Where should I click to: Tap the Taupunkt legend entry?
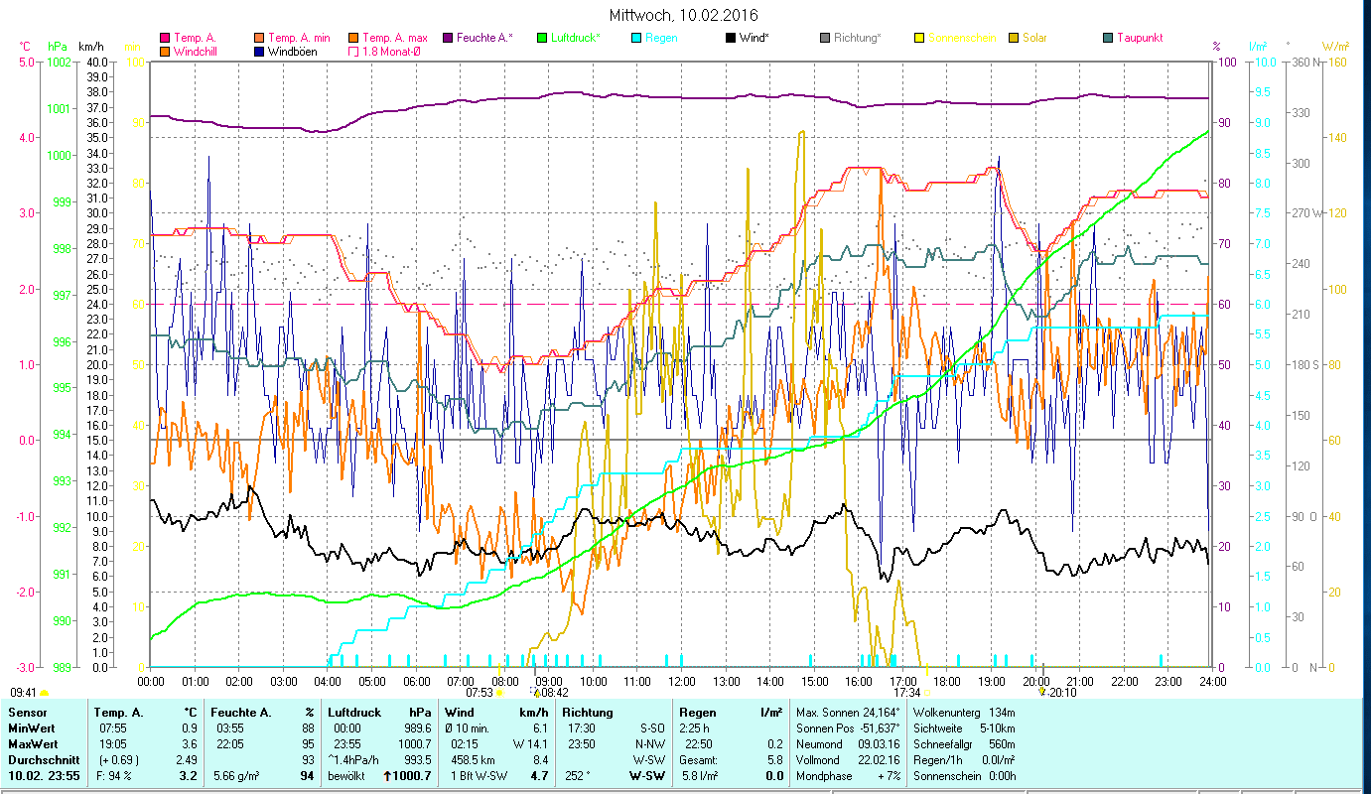(1139, 38)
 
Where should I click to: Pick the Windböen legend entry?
(292, 52)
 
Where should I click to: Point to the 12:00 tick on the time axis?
(682, 681)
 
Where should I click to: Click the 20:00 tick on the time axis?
(1035, 681)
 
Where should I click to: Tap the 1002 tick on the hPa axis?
(59, 62)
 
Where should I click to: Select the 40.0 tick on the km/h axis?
(97, 62)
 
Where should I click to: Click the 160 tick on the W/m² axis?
(1336, 62)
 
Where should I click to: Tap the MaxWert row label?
(33, 743)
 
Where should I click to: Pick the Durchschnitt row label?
(41, 759)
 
